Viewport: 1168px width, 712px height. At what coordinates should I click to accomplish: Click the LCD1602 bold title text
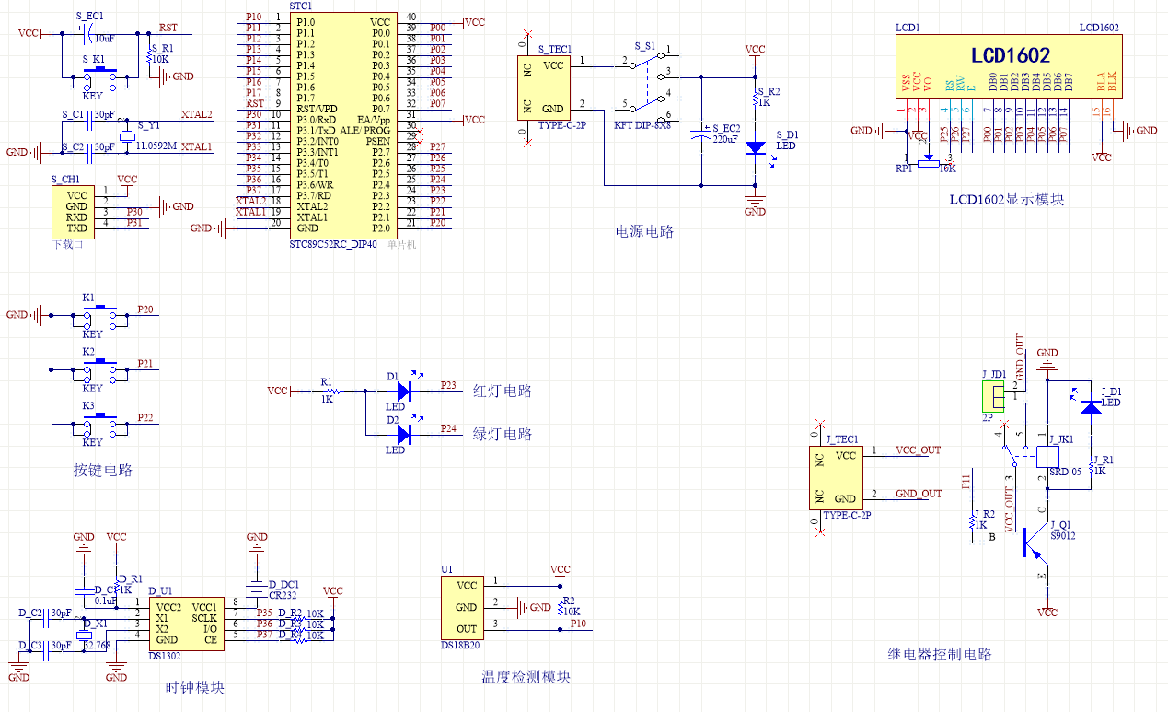pos(1010,55)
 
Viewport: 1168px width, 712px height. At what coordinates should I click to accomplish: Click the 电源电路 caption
pos(644,231)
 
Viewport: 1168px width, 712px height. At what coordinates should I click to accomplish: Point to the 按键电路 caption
pos(103,470)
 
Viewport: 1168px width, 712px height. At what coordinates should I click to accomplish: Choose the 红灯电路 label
pos(502,391)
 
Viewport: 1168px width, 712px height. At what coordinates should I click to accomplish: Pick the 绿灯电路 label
pos(502,434)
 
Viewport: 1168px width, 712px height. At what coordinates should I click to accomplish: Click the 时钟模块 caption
pos(194,688)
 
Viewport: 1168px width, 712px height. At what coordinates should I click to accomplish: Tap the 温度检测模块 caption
pos(526,677)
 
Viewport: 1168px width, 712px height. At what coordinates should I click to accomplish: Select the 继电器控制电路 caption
pos(940,654)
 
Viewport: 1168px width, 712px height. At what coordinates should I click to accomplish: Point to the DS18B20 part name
pos(459,646)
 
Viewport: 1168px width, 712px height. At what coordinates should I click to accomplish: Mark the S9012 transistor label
pos(1062,535)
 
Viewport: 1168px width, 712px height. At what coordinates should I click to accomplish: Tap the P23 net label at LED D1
pos(448,384)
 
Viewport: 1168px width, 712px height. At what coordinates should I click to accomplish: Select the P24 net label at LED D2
pos(448,428)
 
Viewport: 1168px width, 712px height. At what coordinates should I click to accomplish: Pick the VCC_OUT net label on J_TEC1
pos(918,450)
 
